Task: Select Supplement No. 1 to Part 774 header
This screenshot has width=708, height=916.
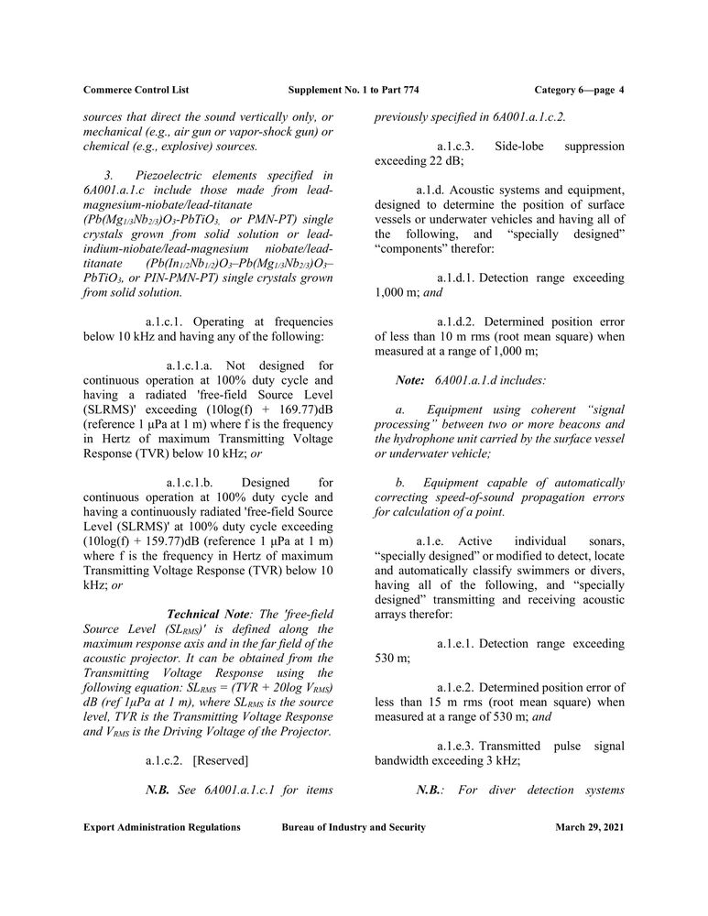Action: click(354, 90)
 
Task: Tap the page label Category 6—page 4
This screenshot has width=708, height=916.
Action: click(578, 90)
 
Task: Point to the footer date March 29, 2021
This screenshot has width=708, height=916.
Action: click(590, 827)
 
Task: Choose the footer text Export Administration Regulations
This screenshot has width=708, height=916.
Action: click(162, 827)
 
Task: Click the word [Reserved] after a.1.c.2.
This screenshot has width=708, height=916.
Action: click(221, 760)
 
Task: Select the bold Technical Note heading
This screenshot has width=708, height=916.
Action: click(203, 613)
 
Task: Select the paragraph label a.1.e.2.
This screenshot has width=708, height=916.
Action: click(456, 687)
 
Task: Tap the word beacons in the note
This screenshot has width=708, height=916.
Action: click(575, 423)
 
